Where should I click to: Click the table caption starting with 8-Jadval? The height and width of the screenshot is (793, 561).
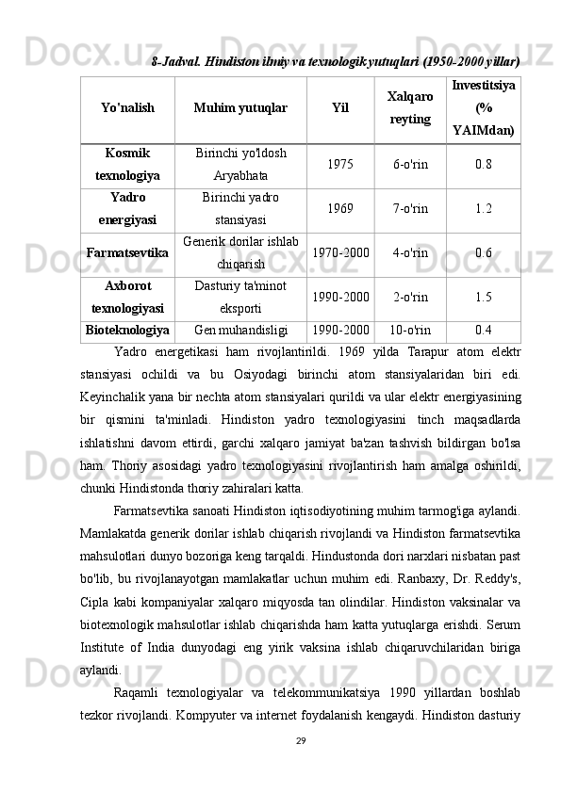(335, 61)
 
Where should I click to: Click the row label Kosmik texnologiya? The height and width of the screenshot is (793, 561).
(127, 164)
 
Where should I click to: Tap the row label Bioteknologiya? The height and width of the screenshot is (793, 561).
(127, 331)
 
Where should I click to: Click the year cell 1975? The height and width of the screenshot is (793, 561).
(340, 164)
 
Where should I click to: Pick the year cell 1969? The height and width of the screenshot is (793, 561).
(340, 208)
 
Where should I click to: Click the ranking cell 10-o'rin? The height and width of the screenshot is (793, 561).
(411, 331)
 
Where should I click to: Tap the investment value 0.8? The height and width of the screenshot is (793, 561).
(483, 164)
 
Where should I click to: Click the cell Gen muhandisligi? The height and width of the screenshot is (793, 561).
(240, 331)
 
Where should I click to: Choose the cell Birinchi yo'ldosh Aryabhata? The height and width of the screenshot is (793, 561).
(240, 164)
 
